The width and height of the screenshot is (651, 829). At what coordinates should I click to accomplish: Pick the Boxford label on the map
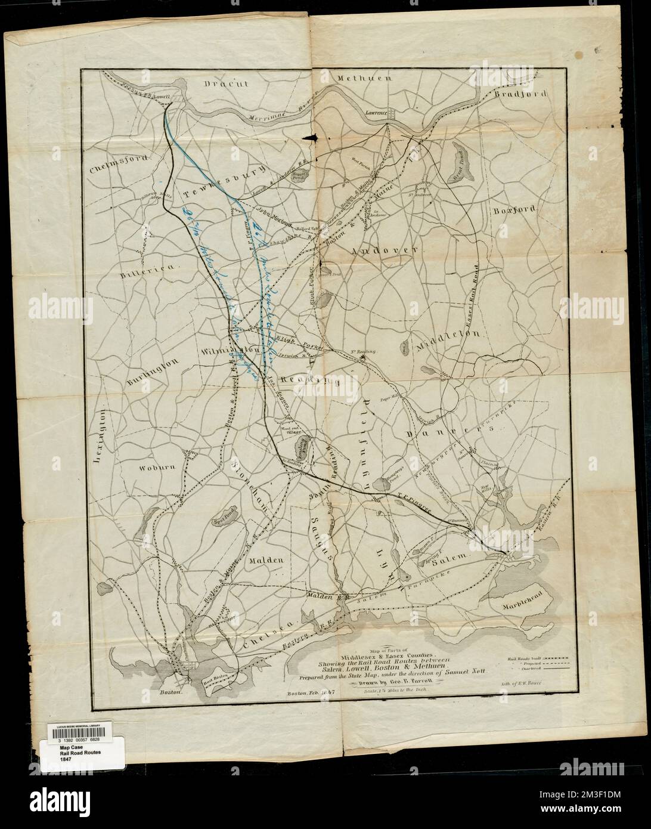[x=515, y=210]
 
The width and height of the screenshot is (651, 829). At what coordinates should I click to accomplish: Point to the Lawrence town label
[x=377, y=112]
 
